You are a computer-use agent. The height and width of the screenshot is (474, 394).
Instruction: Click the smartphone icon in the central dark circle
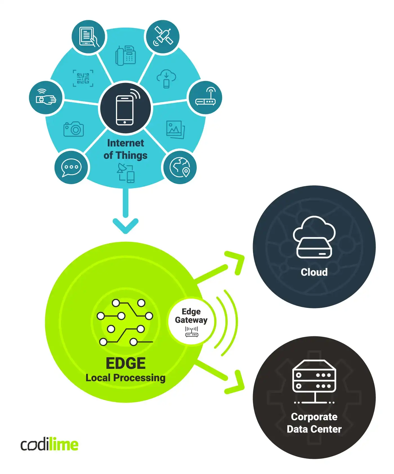[125, 110]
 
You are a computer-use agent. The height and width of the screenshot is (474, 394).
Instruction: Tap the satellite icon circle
[162, 37]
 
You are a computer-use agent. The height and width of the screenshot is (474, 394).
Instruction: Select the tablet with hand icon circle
[88, 37]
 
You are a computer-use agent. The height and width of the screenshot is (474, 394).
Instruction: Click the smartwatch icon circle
[46, 98]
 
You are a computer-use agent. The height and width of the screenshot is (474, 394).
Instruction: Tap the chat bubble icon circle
[71, 167]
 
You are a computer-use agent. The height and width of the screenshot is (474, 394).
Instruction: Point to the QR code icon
[83, 78]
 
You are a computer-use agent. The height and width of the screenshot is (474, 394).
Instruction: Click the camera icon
[74, 129]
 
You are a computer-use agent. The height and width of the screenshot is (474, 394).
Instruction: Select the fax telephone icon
[126, 55]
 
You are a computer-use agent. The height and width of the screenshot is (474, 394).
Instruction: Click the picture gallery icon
[175, 129]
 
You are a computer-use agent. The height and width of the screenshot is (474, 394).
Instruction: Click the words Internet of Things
[126, 149]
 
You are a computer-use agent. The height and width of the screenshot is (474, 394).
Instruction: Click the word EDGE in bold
[126, 363]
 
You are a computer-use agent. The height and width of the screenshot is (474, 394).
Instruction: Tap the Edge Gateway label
[191, 316]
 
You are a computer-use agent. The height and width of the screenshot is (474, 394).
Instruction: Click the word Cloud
[314, 272]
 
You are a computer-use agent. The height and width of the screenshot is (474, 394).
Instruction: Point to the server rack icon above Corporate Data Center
[314, 381]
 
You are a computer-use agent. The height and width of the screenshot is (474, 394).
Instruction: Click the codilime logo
[50, 444]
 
